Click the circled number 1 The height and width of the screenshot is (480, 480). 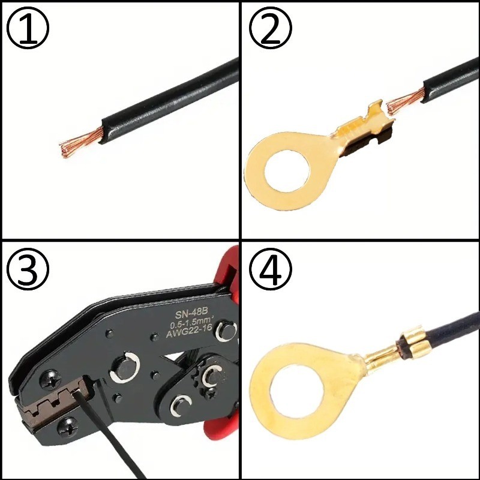click(x=28, y=28)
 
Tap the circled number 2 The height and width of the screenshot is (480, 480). click(x=271, y=28)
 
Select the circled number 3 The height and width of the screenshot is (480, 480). click(x=28, y=269)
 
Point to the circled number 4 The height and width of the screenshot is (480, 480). click(x=271, y=269)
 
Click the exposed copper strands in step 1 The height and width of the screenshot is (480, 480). click(x=82, y=143)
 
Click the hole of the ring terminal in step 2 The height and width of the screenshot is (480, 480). click(x=287, y=170)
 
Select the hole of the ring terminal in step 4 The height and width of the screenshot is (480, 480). click(x=296, y=391)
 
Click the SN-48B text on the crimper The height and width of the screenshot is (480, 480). click(x=191, y=313)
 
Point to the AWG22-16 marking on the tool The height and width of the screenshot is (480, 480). click(x=189, y=331)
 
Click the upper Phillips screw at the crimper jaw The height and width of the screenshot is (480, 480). click(x=50, y=380)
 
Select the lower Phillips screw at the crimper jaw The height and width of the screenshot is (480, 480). click(x=68, y=427)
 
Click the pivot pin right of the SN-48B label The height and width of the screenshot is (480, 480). click(x=226, y=332)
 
